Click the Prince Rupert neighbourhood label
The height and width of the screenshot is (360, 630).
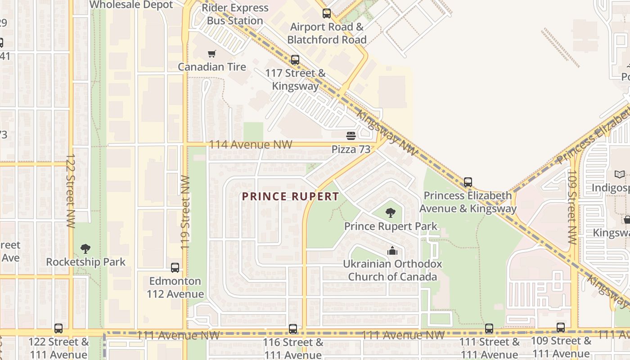tap(290, 197)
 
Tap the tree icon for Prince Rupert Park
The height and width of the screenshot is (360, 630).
tap(391, 213)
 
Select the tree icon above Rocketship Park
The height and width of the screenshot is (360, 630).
tap(85, 249)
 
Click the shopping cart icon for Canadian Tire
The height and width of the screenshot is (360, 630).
tap(211, 54)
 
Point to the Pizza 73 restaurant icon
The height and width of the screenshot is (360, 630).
tap(351, 135)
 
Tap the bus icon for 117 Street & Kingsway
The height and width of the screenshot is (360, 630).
tap(295, 59)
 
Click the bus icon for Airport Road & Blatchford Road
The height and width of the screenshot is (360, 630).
tap(327, 13)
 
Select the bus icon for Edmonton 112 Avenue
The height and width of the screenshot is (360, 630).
tap(175, 268)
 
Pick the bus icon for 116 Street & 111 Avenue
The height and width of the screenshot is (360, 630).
tap(293, 329)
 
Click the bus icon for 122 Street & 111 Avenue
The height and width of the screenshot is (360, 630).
tap(58, 328)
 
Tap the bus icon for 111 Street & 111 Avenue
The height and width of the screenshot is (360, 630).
tap(489, 328)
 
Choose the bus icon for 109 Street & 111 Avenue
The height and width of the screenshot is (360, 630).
tap(561, 328)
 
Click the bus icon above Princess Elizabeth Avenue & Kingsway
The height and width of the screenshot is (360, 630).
tap(468, 182)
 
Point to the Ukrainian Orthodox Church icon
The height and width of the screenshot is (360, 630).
tap(392, 251)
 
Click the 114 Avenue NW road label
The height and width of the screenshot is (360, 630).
tap(251, 145)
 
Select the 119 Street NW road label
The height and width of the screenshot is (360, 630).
tap(185, 212)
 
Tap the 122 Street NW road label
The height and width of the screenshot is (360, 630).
tap(71, 191)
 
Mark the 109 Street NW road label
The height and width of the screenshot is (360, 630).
tap(571, 207)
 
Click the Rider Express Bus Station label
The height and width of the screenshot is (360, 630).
tap(235, 14)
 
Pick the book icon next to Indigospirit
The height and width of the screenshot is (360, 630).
tap(620, 174)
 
